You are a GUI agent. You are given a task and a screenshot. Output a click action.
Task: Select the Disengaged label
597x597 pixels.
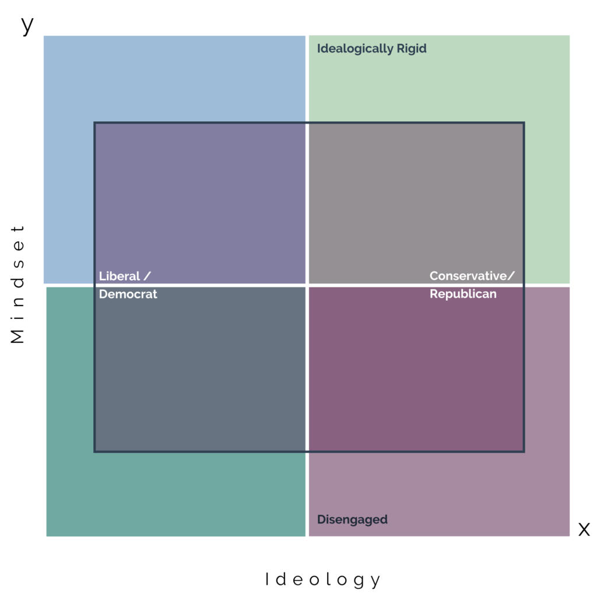point(352,519)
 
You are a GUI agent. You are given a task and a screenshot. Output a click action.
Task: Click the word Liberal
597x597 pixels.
point(120,276)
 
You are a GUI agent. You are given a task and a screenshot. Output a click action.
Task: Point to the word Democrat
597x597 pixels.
point(128,294)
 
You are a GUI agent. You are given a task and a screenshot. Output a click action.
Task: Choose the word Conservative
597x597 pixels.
point(468,276)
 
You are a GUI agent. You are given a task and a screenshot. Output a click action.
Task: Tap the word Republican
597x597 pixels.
point(463,294)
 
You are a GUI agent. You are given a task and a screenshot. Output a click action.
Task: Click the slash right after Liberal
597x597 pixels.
point(147,276)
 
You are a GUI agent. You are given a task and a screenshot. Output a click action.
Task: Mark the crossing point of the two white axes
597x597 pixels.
point(307,286)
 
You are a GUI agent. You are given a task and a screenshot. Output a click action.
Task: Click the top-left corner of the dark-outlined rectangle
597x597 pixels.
point(95,123)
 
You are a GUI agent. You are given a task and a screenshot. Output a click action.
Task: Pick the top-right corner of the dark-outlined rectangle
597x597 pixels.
point(524,123)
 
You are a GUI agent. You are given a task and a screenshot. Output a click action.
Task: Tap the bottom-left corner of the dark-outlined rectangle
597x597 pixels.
point(95,451)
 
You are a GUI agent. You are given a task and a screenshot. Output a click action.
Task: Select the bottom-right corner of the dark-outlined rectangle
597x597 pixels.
point(524,451)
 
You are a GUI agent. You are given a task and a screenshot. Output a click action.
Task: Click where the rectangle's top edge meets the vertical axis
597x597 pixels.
point(307,123)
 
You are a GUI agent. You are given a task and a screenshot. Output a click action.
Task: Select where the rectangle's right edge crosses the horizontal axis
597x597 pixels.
point(524,286)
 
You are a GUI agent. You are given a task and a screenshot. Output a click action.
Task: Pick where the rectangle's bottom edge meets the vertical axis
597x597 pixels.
point(307,451)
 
